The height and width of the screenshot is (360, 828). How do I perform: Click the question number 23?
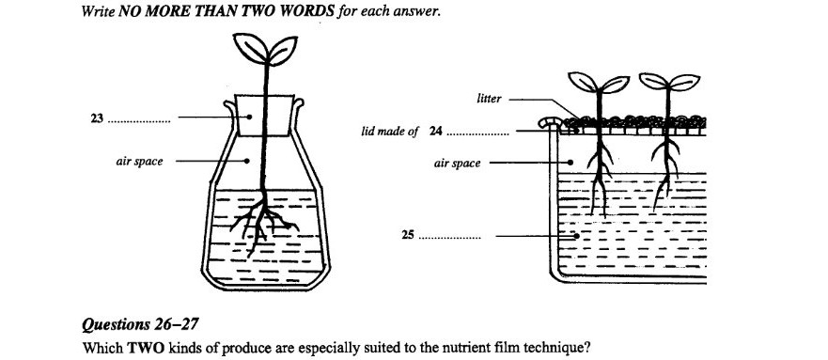coord(97,118)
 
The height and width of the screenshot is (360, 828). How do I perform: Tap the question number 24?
coord(436,131)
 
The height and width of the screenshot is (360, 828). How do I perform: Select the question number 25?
coord(407,235)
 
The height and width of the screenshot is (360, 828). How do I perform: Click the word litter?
coord(489,99)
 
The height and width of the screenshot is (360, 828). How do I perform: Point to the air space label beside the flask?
coord(139,162)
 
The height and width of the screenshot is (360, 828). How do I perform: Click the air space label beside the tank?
coord(458,164)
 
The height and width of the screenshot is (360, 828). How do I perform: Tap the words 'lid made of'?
coord(390,132)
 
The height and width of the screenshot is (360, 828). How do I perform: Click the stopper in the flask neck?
coord(263,116)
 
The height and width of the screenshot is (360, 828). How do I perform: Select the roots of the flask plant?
coord(262,221)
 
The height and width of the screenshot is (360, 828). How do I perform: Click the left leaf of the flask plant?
coord(250,48)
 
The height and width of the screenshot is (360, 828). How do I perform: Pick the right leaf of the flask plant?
coord(283,51)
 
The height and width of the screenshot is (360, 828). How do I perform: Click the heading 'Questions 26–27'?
coord(140,324)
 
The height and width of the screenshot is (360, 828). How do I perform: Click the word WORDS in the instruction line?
coord(310,11)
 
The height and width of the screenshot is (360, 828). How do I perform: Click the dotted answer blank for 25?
coord(449,238)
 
